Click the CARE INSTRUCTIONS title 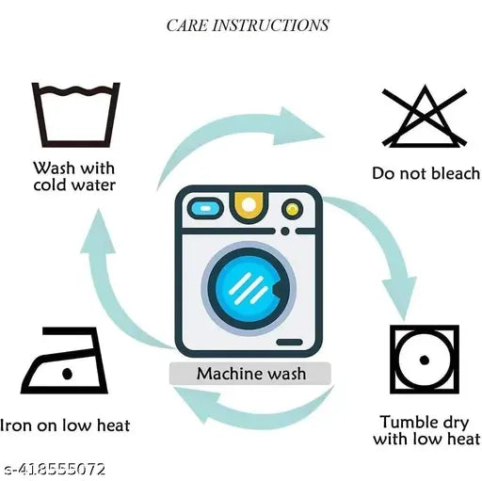click(x=248, y=25)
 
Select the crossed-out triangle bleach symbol click(x=424, y=117)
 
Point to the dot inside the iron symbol click(x=67, y=374)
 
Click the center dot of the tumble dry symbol click(x=425, y=360)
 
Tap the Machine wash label click(x=251, y=374)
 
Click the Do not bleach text click(x=426, y=173)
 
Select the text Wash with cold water click(x=74, y=176)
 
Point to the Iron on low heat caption click(x=65, y=425)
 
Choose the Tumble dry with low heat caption click(x=426, y=430)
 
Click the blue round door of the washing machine click(x=249, y=289)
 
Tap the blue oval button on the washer click(x=205, y=208)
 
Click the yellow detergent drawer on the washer click(x=249, y=206)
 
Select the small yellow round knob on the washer click(x=292, y=209)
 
